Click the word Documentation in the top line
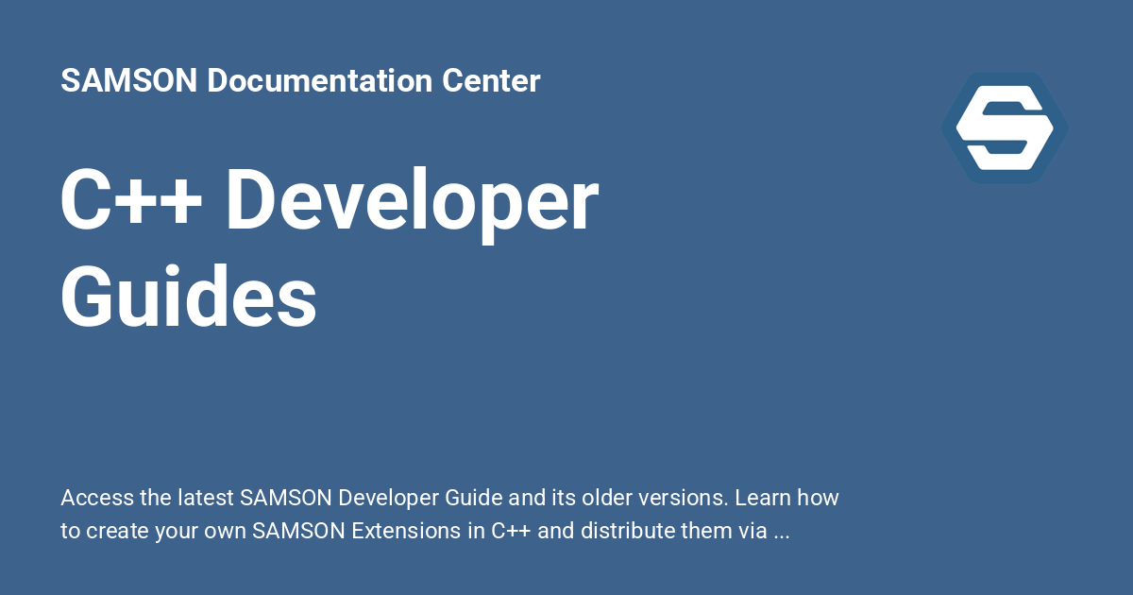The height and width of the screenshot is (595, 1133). [321, 81]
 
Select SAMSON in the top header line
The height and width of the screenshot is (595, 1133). [128, 81]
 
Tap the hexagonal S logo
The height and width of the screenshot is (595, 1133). [1004, 127]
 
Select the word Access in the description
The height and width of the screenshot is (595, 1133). [93, 498]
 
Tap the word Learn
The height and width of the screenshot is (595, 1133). [765, 498]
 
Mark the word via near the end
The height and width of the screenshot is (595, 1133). [752, 531]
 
